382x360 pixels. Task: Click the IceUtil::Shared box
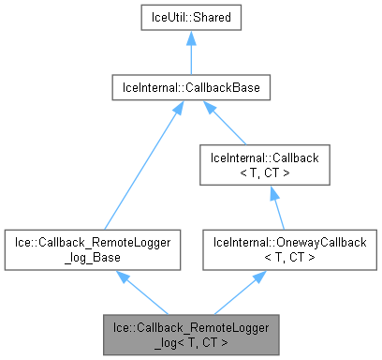[191, 18]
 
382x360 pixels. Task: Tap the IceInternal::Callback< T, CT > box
[272, 164]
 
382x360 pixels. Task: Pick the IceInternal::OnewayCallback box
[272, 248]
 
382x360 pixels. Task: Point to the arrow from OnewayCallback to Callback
[272, 206]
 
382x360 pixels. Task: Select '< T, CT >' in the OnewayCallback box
[272, 256]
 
